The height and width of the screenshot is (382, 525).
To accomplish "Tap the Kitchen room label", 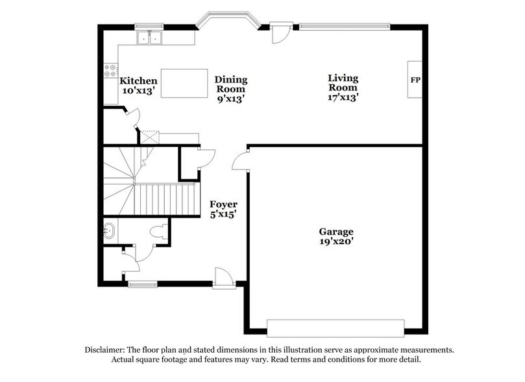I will coord(139,81).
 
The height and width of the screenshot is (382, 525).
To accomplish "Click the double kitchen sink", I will coord(151,38).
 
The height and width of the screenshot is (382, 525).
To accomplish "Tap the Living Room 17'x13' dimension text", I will coord(343,97).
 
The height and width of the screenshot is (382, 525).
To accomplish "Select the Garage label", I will coord(336,231).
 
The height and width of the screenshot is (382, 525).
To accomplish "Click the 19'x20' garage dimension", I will coord(336,242).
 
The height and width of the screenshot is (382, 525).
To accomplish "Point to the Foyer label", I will coord(223,205).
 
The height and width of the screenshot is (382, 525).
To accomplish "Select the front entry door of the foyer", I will coord(224,278).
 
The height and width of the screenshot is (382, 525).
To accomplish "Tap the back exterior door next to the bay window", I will coord(280,32).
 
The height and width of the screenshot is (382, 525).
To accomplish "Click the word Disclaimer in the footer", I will coord(107,350).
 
